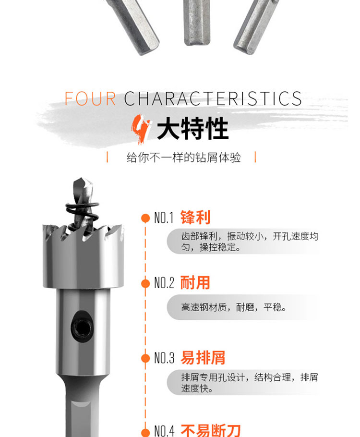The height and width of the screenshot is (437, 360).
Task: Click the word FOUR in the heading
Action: point(90,98)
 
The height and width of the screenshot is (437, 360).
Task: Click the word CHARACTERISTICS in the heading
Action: point(213,98)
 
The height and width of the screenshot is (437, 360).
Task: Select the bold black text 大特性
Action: point(193,129)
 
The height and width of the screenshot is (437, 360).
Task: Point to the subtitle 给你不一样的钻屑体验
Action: point(184,158)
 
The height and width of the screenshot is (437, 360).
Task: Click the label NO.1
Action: point(164,218)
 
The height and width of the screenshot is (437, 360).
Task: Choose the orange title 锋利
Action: point(195,218)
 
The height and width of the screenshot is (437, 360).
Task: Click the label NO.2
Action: point(164,283)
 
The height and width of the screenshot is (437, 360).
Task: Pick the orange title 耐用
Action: point(195,282)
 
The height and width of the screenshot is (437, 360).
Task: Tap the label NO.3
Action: point(164,358)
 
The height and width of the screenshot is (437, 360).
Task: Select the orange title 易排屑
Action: point(203,358)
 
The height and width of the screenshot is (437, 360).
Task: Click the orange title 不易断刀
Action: point(211,431)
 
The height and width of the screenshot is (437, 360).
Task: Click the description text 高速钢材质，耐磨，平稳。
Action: point(234,307)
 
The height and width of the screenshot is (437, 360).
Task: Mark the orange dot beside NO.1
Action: point(145,218)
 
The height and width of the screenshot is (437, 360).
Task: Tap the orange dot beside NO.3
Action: point(145,358)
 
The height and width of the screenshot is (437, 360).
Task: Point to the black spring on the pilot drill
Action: point(83,212)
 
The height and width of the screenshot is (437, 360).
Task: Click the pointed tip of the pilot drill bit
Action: point(81,178)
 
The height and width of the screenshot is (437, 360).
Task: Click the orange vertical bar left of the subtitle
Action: point(107,157)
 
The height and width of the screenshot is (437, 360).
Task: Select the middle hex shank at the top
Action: point(196,22)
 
